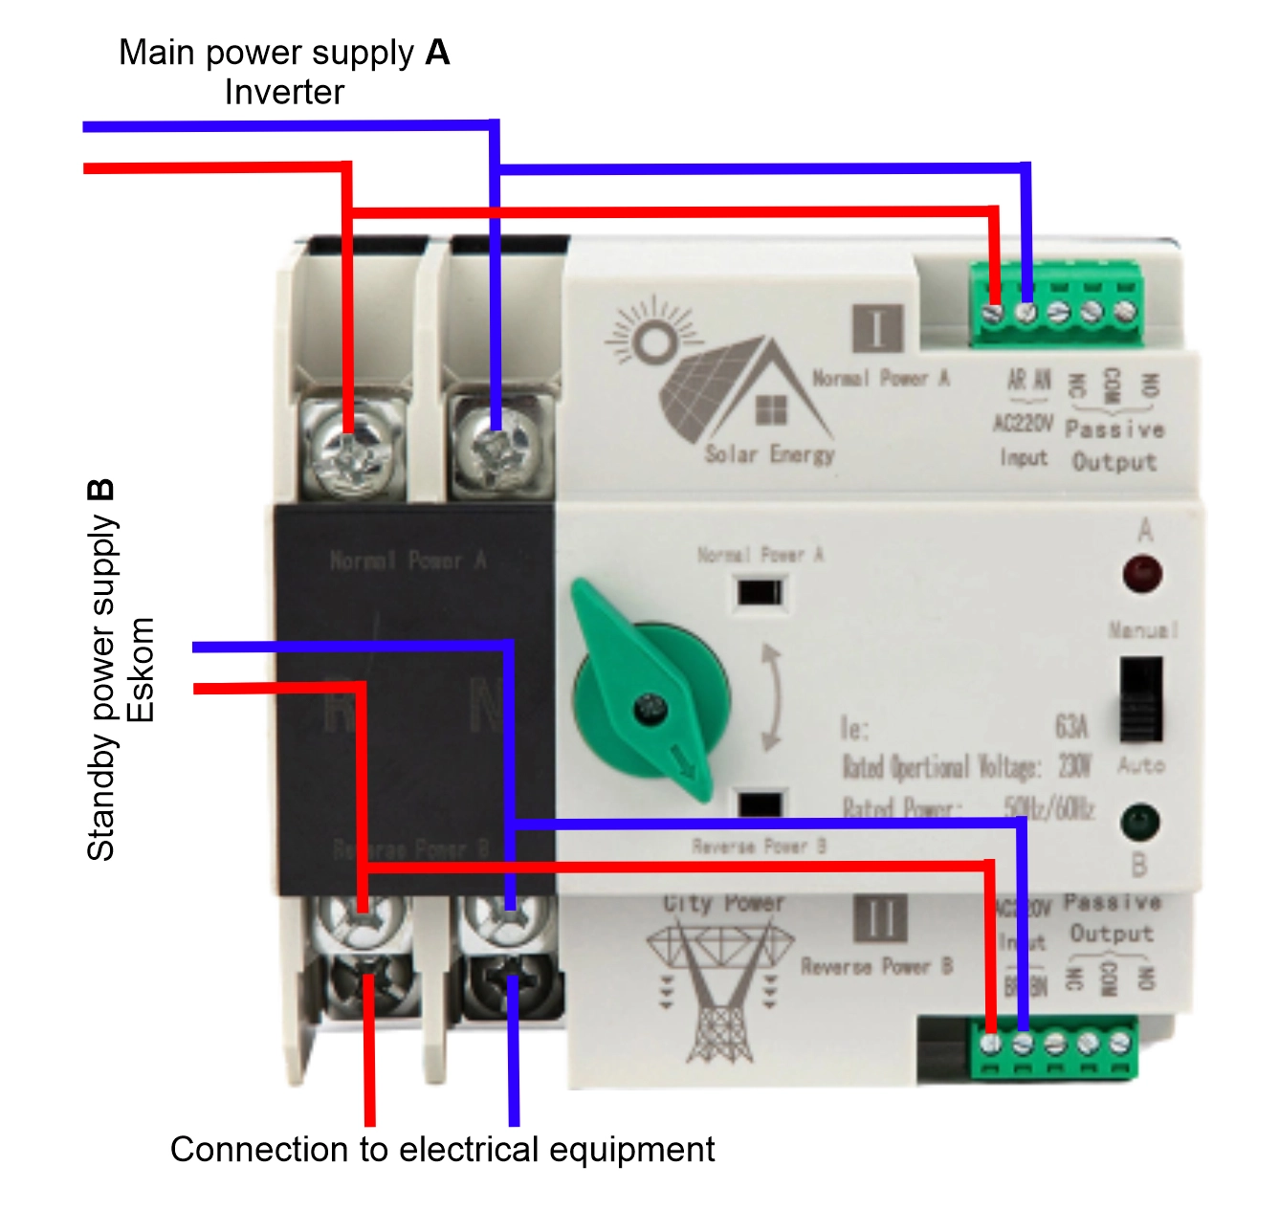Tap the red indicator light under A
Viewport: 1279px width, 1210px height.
click(x=1142, y=575)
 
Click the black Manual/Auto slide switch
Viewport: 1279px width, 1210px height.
click(x=1140, y=698)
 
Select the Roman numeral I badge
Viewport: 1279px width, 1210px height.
click(x=877, y=328)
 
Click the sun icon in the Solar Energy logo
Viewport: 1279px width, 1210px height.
click(x=655, y=340)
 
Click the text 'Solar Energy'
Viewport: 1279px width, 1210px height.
click(x=769, y=453)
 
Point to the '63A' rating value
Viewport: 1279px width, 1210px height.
click(x=1071, y=727)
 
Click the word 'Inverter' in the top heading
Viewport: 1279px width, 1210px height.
click(x=284, y=93)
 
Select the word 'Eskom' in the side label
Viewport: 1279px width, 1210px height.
click(x=141, y=670)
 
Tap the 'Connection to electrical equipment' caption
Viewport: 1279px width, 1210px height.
click(x=442, y=1149)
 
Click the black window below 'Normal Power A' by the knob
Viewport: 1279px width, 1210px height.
click(x=760, y=593)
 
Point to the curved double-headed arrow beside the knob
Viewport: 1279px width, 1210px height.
click(x=771, y=697)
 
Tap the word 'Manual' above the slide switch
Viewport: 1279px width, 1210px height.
click(x=1143, y=630)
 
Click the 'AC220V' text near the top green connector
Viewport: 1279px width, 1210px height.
click(x=1023, y=423)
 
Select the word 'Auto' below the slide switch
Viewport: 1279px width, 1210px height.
click(x=1140, y=765)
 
